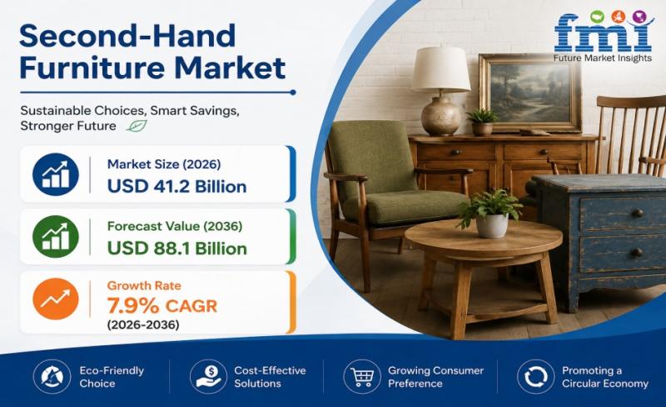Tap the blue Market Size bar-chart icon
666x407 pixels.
(x=56, y=174)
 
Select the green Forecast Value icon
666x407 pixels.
(x=56, y=236)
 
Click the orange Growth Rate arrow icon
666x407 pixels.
(x=56, y=299)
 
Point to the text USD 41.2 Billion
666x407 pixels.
(x=176, y=187)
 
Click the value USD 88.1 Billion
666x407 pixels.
(x=176, y=249)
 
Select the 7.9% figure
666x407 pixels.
(x=133, y=306)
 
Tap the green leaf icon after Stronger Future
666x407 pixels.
(x=137, y=126)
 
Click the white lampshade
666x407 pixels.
(x=440, y=69)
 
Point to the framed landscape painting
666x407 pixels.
(x=530, y=93)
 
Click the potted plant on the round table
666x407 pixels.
(x=490, y=214)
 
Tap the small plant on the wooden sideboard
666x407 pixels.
(x=482, y=122)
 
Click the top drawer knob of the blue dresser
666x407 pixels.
(x=637, y=213)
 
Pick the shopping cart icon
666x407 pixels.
(x=362, y=377)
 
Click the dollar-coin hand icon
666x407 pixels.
(x=209, y=377)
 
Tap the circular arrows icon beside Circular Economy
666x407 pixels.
(x=535, y=377)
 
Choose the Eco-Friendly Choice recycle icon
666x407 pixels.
(x=52, y=377)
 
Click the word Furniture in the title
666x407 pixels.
(x=91, y=68)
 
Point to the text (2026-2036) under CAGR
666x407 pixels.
(x=142, y=325)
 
